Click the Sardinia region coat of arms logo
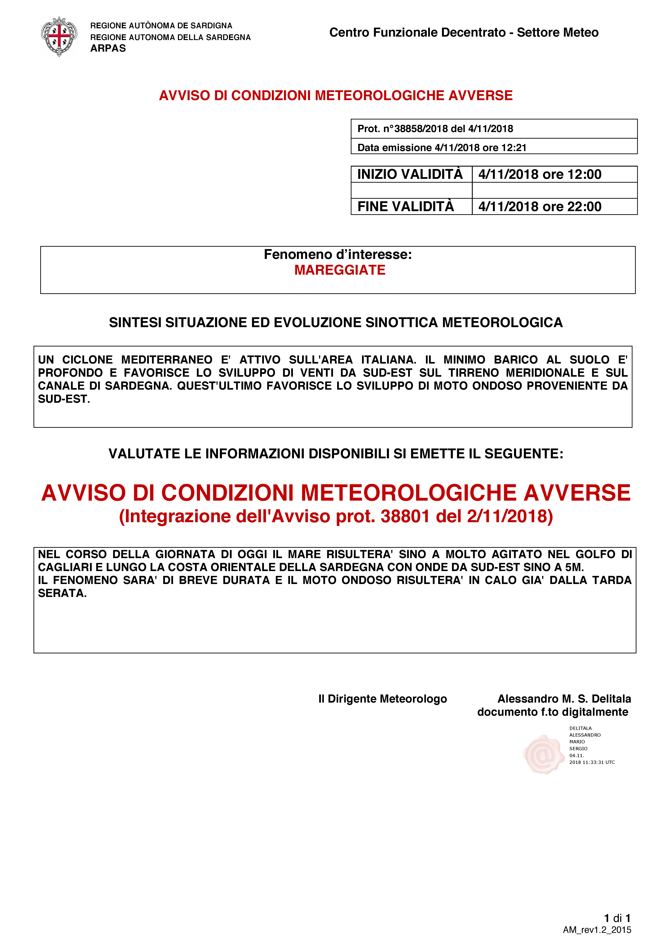point(59,36)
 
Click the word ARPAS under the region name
point(108,49)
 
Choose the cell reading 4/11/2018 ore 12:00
point(540,174)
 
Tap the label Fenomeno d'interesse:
point(338,254)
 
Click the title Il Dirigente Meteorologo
point(383,699)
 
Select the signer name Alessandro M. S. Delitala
point(564,699)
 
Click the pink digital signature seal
point(543,754)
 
